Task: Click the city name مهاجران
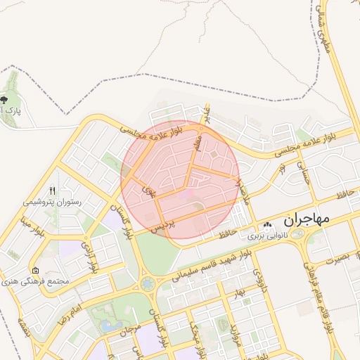pyautogui.click(x=307, y=220)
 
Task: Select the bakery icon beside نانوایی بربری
pyautogui.click(x=266, y=225)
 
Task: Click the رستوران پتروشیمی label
pyautogui.click(x=53, y=202)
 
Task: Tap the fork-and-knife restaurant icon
pyautogui.click(x=53, y=191)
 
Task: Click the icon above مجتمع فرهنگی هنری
pyautogui.click(x=35, y=270)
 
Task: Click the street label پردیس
pyautogui.click(x=163, y=224)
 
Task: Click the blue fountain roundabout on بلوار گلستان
pyautogui.click(x=148, y=283)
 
